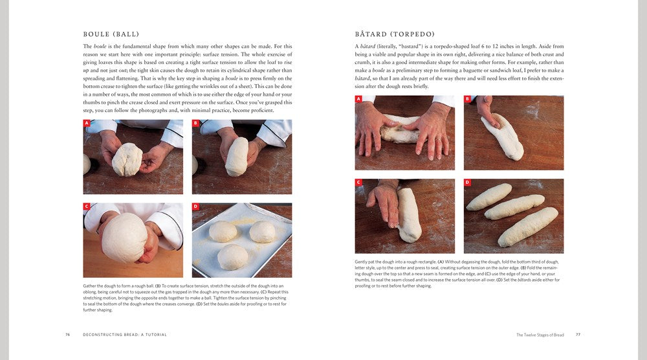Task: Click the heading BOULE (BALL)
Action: click(111, 34)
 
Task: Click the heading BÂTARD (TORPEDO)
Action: click(395, 34)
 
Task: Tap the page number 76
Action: click(68, 335)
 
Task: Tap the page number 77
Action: click(578, 335)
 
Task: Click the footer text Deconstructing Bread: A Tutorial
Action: click(125, 335)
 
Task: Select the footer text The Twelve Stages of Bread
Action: click(540, 335)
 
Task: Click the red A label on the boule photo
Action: click(87, 123)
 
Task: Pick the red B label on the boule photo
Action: click(195, 123)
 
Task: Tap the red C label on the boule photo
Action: click(87, 207)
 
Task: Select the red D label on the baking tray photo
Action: click(195, 207)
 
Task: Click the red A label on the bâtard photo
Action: click(358, 99)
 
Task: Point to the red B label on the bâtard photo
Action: click(467, 99)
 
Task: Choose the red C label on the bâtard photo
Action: click(358, 183)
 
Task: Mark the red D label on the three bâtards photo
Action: click(467, 183)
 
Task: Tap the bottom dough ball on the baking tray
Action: click(232, 256)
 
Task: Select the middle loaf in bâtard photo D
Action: click(514, 207)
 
